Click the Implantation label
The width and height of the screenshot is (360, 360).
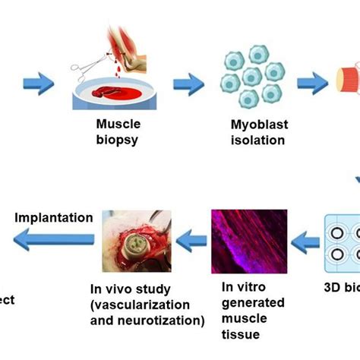tap(54, 217)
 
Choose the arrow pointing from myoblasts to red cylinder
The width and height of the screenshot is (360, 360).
tap(310, 81)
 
